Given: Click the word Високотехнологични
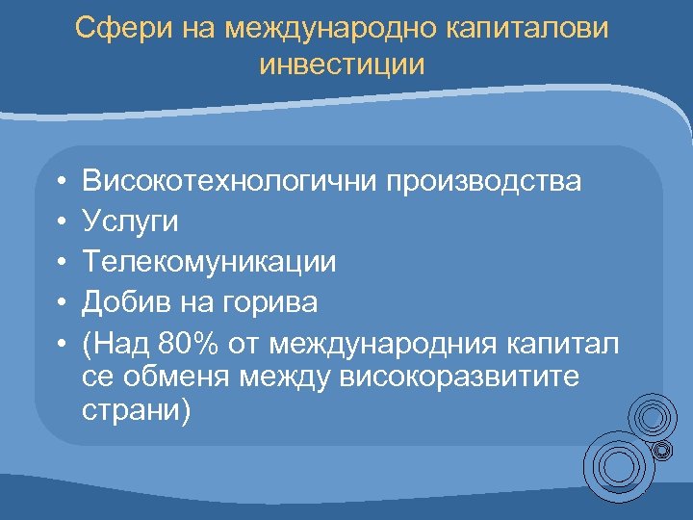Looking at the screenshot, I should (230, 181).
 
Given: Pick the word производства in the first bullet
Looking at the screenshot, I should (484, 181).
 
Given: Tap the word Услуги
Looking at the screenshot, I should (130, 221).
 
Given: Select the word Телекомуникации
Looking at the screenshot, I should (209, 262).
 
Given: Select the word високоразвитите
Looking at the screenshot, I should (461, 377).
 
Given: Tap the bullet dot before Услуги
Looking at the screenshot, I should (61, 222).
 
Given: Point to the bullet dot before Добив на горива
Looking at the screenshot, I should (61, 303).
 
